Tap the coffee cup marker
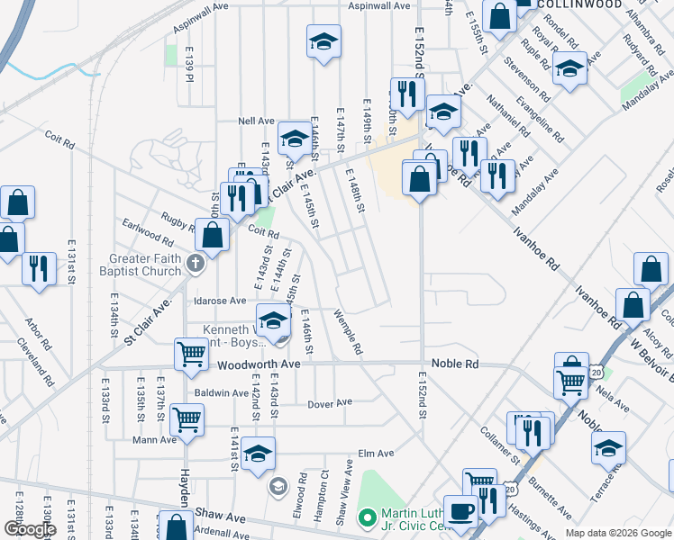pyautogui.click(x=461, y=512)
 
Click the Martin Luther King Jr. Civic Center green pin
pyautogui.click(x=367, y=517)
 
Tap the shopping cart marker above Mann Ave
pyautogui.click(x=187, y=418)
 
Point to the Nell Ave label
pyautogui.click(x=255, y=121)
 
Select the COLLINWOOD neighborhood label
pyautogui.click(x=580, y=4)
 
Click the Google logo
pyautogui.click(x=30, y=530)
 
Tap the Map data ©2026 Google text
pyautogui.click(x=617, y=533)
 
